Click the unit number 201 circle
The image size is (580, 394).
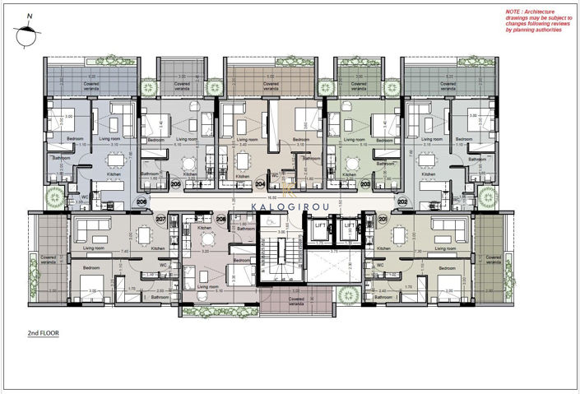(x=383, y=219)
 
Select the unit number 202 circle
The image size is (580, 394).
(x=402, y=201)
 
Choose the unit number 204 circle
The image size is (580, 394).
(x=260, y=185)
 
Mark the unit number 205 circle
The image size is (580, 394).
(x=175, y=185)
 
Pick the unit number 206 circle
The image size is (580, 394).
(x=142, y=201)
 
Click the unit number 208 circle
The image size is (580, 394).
(x=220, y=220)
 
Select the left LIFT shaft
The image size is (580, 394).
(x=320, y=230)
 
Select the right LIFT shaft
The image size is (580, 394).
(x=350, y=230)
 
